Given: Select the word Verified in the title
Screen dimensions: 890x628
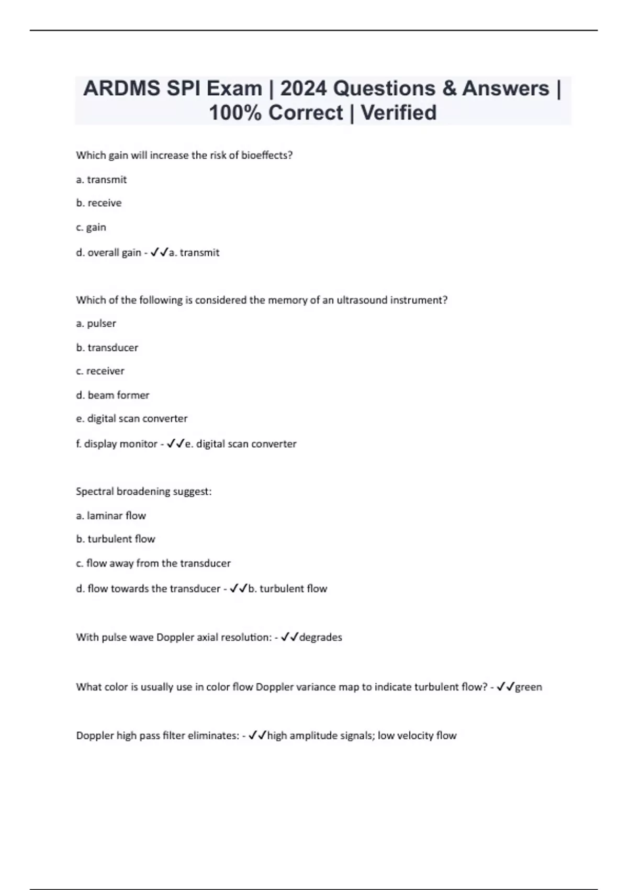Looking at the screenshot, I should click(399, 113).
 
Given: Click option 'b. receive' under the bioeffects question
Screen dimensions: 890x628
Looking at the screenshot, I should click(99, 203).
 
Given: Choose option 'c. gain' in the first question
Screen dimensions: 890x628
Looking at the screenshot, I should click(91, 227).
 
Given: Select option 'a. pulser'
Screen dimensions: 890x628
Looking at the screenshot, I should click(96, 324).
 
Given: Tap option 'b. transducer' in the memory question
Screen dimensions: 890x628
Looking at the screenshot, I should click(107, 348).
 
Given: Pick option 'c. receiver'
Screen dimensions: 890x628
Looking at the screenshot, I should click(100, 371).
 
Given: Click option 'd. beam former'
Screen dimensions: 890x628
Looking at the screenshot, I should click(113, 395).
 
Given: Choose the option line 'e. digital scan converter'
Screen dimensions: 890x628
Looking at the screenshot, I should click(132, 419).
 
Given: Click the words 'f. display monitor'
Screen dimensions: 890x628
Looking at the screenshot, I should click(117, 444).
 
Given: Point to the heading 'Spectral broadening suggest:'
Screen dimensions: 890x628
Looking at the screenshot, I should click(144, 492).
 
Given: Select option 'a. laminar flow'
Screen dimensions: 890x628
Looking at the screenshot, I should click(111, 516).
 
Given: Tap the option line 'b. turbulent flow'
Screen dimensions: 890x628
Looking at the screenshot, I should click(116, 539).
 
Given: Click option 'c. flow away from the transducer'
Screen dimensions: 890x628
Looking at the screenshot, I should click(153, 563).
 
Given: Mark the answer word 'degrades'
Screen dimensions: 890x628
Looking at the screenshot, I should click(320, 638).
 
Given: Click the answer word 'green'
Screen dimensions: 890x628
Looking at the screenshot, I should click(529, 687).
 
